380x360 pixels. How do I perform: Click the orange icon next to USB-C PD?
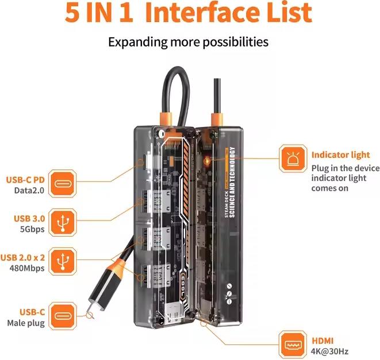62,184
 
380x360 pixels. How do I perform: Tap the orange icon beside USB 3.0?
63,223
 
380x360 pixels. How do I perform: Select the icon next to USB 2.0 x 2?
63,261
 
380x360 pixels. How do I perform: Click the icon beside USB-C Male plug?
63,316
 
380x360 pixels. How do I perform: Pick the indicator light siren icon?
293,158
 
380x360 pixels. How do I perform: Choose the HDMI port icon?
293,344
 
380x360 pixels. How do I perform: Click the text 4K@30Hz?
329,351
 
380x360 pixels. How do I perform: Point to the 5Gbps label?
32,229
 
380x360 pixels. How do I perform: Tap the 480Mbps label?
27,268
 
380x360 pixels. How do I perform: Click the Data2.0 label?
29,190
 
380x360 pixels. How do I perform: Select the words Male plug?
26,323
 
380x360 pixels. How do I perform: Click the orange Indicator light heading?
340,155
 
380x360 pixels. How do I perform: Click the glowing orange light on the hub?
208,160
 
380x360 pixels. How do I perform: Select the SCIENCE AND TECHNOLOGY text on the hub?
232,182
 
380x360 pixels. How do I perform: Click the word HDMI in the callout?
323,340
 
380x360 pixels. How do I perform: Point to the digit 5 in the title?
72,13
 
